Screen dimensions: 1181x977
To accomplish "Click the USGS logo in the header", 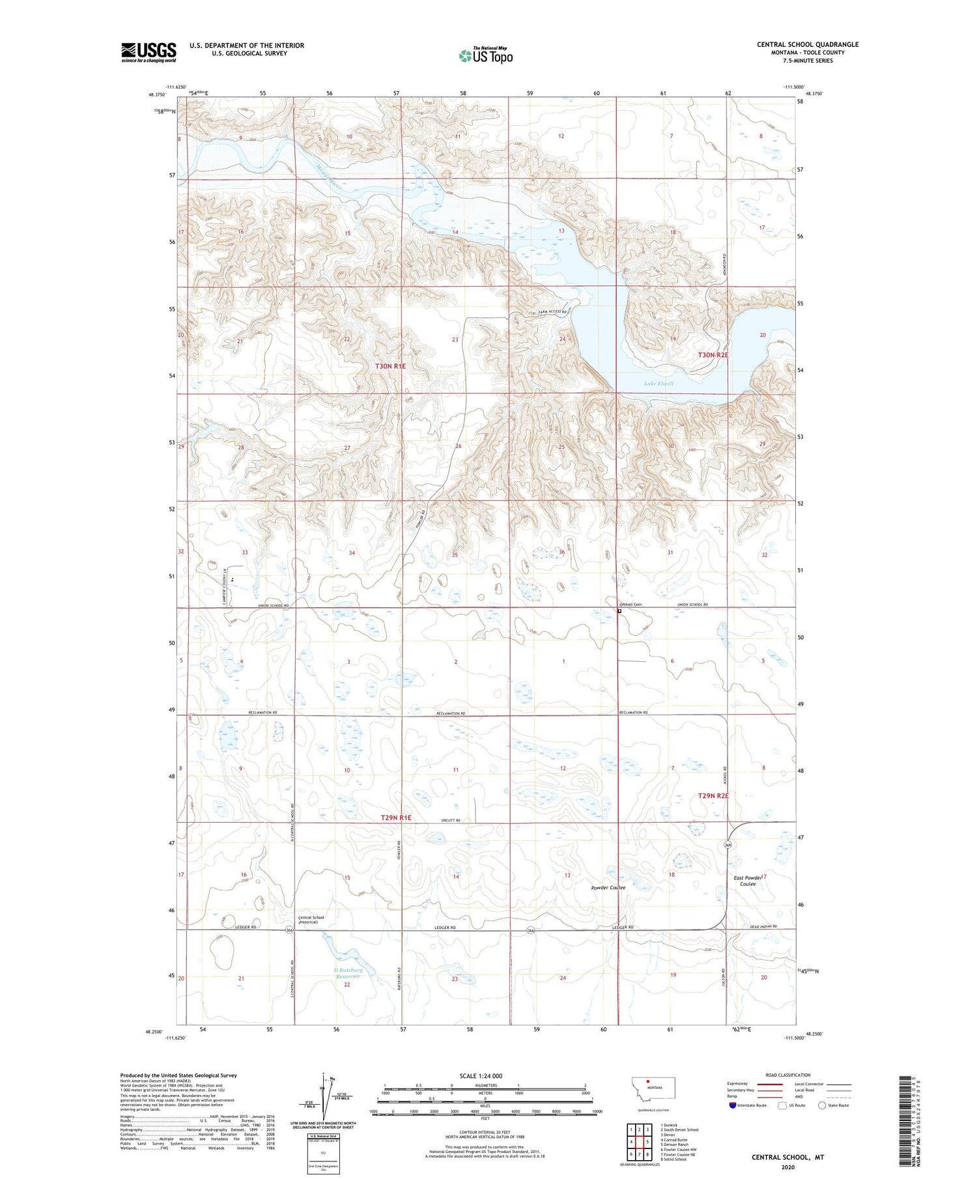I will [x=149, y=52].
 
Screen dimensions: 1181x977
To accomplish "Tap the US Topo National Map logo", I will [x=485, y=55].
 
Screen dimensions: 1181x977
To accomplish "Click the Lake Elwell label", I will [x=658, y=384].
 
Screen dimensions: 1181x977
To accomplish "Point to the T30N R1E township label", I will [x=390, y=367].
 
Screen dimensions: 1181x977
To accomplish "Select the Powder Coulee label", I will [x=608, y=888].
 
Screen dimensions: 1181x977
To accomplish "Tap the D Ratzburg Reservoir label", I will [x=347, y=973].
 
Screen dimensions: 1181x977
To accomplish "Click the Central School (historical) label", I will [x=311, y=920].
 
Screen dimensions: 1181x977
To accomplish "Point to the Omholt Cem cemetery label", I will [x=630, y=605].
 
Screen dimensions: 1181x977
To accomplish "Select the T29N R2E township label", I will [x=713, y=796].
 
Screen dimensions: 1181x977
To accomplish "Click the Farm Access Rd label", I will [x=552, y=312].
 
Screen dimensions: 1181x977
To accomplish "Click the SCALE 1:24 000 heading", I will [x=481, y=1075].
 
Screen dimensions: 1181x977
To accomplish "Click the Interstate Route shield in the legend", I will [x=733, y=1105].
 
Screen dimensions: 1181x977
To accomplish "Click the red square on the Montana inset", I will [x=648, y=1085].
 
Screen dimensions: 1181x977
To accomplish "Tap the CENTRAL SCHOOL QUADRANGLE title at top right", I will [x=807, y=44].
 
